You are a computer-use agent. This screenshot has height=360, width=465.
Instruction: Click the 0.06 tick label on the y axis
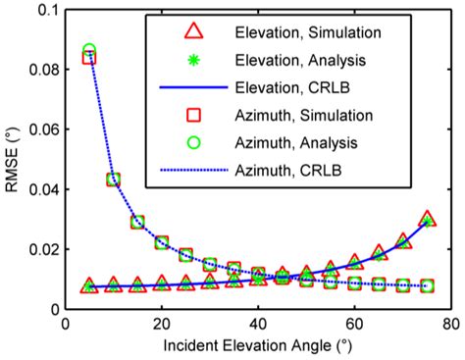(38, 129)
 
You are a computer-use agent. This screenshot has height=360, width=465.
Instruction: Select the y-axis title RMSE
(12, 162)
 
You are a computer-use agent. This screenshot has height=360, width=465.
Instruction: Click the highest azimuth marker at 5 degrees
(89, 52)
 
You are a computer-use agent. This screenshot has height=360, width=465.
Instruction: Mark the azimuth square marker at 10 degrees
(113, 180)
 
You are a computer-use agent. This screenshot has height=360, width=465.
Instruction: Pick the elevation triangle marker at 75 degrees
(426, 220)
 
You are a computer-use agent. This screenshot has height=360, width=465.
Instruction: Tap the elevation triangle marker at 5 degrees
(89, 285)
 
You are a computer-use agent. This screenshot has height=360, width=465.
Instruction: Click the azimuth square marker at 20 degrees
(161, 242)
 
